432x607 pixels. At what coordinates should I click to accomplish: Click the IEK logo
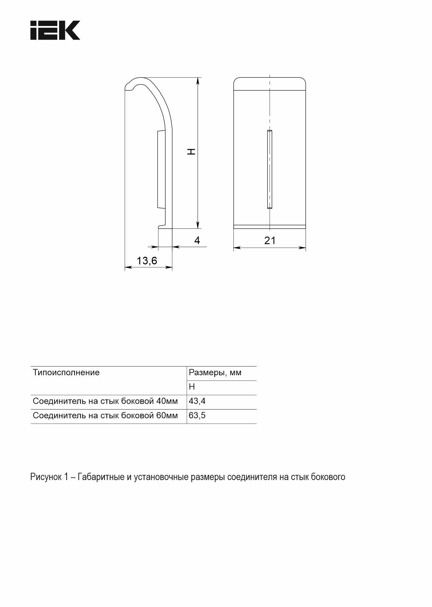point(55,30)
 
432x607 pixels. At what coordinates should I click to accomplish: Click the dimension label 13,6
point(147,260)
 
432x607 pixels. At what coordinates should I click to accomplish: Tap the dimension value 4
point(197,240)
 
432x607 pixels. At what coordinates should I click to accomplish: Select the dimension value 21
point(269,240)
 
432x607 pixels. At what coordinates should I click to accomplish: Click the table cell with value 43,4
point(197,401)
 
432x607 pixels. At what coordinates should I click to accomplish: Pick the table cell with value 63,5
point(197,415)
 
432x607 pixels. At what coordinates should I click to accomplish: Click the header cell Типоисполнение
point(66,373)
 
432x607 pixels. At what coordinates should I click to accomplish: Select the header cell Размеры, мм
point(215,373)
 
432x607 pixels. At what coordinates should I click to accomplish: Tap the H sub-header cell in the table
point(192,387)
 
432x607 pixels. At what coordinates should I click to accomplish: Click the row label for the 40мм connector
point(105,401)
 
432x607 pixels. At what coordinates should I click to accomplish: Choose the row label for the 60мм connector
point(105,415)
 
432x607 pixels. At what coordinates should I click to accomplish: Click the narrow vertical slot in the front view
point(269,169)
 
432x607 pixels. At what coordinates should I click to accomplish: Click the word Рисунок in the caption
point(45,477)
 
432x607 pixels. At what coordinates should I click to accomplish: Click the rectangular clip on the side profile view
point(161,169)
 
